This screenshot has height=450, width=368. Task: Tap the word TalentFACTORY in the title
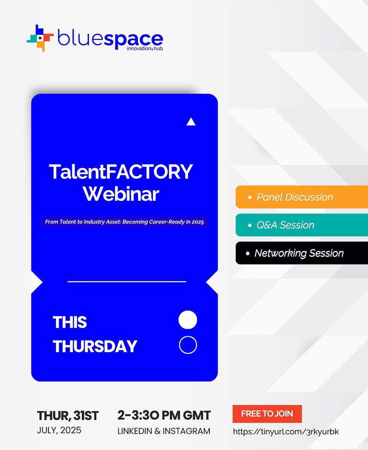click(x=121, y=172)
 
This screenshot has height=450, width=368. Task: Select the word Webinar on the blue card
click(x=121, y=194)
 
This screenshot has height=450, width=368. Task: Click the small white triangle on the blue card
click(x=191, y=121)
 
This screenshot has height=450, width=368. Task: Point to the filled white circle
click(x=188, y=320)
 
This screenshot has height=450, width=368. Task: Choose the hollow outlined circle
click(x=188, y=345)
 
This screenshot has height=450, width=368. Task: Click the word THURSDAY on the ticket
click(x=95, y=346)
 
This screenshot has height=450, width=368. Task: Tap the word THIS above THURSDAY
click(x=70, y=322)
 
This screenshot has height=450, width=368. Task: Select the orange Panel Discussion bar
click(x=301, y=197)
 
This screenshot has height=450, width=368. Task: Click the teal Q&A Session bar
click(x=301, y=225)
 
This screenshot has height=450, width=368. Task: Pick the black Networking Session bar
click(x=301, y=253)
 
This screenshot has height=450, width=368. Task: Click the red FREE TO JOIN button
click(x=267, y=414)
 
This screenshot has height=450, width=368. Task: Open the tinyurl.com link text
click(x=286, y=432)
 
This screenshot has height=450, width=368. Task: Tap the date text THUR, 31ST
click(x=68, y=415)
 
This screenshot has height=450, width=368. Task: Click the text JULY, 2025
click(x=59, y=430)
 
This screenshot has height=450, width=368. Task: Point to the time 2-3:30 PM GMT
click(x=164, y=415)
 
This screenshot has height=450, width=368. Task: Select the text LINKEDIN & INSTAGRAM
click(x=164, y=431)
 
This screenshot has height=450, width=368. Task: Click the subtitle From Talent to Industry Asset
click(x=124, y=222)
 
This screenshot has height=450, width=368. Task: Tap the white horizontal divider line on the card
click(x=127, y=281)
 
